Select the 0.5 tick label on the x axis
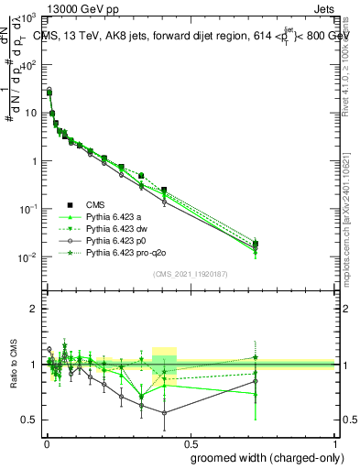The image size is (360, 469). (x=191, y=442)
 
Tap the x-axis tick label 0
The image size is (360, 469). (x=46, y=442)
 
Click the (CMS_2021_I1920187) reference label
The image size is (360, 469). (x=191, y=275)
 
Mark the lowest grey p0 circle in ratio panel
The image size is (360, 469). (x=165, y=413)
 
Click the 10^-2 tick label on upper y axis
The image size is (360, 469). (x=27, y=256)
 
